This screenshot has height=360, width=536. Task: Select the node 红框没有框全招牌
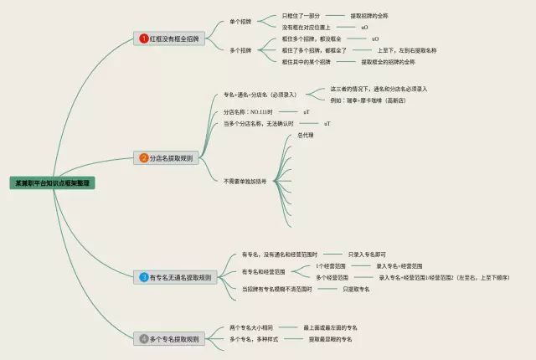[x=174, y=39]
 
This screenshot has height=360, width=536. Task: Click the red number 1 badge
[x=144, y=39]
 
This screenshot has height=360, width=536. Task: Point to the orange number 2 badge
[x=144, y=157]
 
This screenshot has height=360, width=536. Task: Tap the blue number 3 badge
[x=144, y=276]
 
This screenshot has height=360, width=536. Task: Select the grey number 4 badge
[x=144, y=339]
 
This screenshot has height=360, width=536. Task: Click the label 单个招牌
[x=241, y=22]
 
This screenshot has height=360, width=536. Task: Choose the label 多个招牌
[x=241, y=50]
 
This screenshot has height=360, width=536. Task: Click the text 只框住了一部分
[x=300, y=16]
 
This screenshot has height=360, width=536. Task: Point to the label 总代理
[x=305, y=136]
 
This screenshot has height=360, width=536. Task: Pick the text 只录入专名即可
[x=367, y=254]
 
